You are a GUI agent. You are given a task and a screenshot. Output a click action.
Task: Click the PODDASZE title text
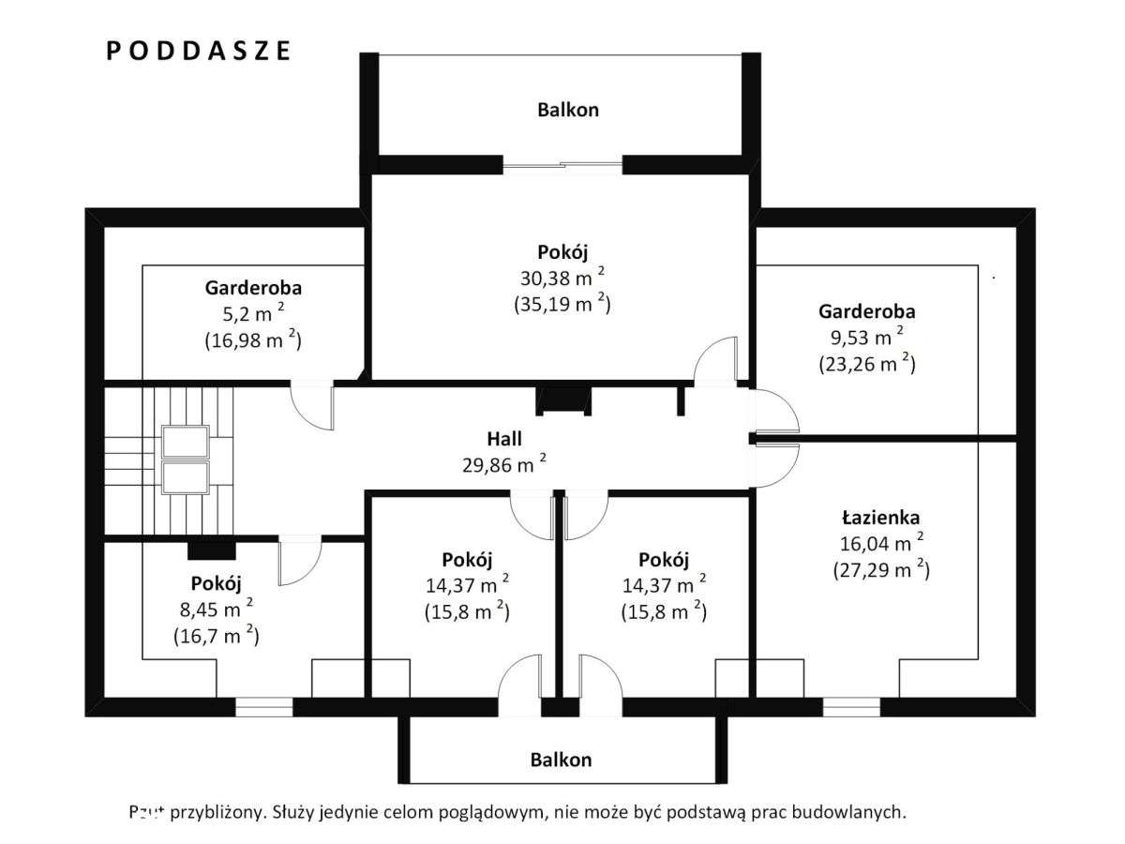(x=198, y=51)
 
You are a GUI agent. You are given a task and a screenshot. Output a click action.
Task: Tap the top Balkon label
(x=568, y=110)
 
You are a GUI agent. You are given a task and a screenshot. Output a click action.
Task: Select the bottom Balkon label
(x=561, y=760)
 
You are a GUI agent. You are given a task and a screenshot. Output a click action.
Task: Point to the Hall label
(x=504, y=438)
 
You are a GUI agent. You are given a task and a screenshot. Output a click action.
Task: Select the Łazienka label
(x=880, y=517)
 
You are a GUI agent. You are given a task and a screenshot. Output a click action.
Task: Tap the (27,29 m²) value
(x=880, y=568)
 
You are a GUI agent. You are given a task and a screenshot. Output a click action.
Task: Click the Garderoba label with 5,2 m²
(x=253, y=288)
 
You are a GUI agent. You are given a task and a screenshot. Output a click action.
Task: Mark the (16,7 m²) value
(x=216, y=635)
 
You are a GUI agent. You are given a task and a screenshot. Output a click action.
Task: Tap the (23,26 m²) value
(x=866, y=364)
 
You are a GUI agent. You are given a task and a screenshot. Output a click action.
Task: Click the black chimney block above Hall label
(x=563, y=400)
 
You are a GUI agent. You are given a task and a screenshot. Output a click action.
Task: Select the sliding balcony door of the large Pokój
(x=562, y=167)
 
